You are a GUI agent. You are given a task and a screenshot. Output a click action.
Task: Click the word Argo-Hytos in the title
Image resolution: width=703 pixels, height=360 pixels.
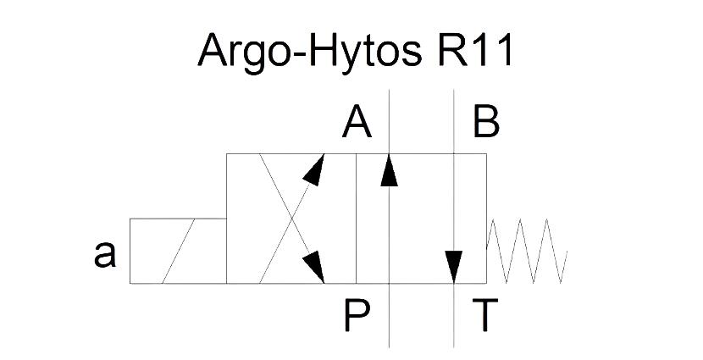309,52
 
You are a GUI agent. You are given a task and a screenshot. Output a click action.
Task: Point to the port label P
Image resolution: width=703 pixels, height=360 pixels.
357,315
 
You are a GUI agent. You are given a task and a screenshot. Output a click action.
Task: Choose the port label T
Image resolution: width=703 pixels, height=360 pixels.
485,315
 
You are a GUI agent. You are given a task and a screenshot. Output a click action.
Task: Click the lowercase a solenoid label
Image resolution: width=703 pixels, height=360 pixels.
105,254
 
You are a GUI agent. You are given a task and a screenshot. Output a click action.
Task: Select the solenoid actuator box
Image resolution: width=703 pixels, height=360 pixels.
178,251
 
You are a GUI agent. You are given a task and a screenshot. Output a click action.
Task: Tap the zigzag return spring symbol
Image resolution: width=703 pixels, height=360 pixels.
527,251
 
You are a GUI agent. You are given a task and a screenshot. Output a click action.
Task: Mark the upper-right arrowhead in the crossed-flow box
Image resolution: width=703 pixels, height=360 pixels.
315,169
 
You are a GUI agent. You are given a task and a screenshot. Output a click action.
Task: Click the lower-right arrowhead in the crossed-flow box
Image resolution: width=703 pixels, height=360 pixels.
315,267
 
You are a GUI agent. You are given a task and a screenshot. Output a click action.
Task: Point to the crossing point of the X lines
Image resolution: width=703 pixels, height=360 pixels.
292,219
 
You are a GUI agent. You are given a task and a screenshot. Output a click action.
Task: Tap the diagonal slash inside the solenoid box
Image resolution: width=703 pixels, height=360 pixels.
179,251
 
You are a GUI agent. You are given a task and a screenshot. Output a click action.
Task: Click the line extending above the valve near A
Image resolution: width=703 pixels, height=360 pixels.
389,121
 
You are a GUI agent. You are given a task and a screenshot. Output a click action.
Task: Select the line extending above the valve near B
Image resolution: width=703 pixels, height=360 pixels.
454,121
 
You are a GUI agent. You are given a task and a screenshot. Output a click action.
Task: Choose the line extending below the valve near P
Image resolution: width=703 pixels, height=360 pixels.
389,316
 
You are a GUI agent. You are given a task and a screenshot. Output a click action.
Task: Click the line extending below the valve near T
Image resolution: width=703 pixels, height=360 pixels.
454,316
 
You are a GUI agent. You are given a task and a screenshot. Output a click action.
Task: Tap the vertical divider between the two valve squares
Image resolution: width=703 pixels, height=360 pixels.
357,219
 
